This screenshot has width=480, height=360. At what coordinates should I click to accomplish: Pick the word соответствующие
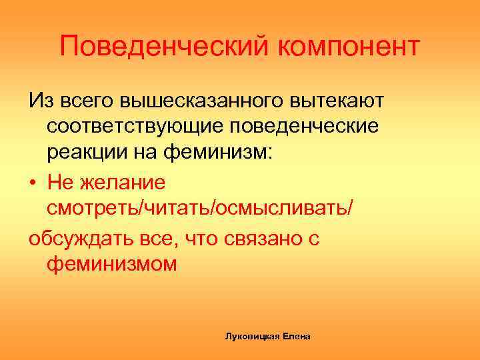click(x=129, y=127)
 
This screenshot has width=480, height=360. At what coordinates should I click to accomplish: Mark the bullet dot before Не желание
click(x=33, y=181)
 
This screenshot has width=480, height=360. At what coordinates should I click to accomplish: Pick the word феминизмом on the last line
click(x=112, y=265)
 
